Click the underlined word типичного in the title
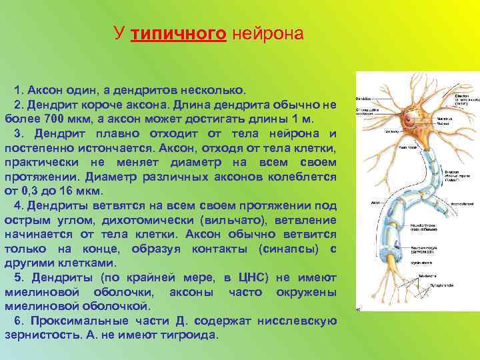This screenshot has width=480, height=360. click(179, 34)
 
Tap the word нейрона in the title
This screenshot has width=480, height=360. click(267, 34)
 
